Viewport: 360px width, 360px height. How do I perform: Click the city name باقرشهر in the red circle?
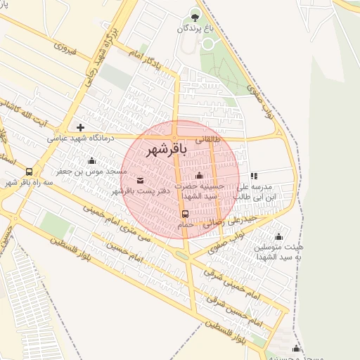(x=167, y=150)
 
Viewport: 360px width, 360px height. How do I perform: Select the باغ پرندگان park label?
(x=195, y=28)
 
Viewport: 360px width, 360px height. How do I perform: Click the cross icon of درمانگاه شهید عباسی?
(x=81, y=127)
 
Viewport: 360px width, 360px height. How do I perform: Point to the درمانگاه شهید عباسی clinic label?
(x=81, y=139)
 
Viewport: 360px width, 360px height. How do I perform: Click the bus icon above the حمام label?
(x=185, y=214)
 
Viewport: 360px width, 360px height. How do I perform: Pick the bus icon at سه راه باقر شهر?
(x=29, y=172)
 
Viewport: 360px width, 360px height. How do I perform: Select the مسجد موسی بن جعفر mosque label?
(x=92, y=172)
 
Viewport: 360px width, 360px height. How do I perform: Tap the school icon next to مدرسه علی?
(x=254, y=176)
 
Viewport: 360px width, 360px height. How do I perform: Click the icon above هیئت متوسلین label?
(x=279, y=237)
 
